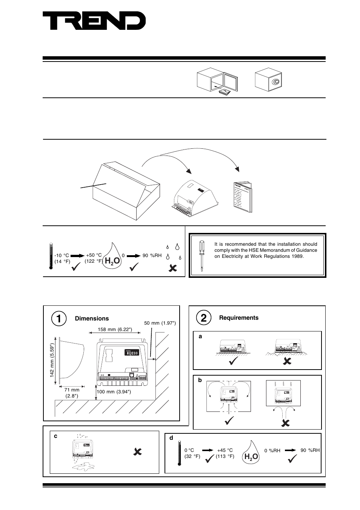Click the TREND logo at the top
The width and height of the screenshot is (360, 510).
pos(94,21)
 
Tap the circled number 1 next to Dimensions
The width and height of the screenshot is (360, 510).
pos(59,318)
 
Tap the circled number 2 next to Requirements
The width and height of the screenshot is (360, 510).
pos(204,318)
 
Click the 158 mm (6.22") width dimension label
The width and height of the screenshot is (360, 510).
pos(115,330)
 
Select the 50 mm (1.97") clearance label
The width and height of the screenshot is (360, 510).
pos(160,323)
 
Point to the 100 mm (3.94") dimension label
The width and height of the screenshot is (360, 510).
pos(114,391)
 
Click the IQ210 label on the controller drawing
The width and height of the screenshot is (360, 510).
pos(132,353)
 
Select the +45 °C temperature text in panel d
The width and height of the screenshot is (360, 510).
pos(225,450)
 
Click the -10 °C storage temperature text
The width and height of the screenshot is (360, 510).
pos(62,256)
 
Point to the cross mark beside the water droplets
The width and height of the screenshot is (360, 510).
pos(172,268)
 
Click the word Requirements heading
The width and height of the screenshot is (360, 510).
pos(239,318)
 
